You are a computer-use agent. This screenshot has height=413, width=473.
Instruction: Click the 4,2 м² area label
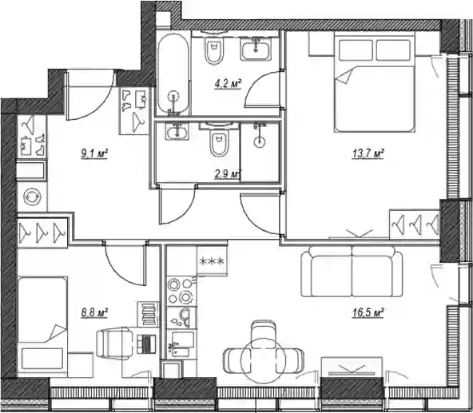[228, 84]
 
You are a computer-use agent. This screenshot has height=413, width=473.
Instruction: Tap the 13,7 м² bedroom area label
[368, 154]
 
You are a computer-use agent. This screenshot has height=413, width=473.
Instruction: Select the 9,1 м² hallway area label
[94, 154]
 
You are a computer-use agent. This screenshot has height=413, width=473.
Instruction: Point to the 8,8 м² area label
[94, 312]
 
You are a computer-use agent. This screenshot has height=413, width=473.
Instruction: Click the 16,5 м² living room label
[368, 312]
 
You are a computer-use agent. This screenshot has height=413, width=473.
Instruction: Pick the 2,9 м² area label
[228, 174]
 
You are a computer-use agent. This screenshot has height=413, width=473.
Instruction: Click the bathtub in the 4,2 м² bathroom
[173, 74]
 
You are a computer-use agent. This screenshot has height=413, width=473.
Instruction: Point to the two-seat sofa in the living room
[352, 272]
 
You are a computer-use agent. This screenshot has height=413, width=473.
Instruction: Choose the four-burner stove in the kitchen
[181, 291]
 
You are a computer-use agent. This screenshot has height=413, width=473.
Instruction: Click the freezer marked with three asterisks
[212, 260]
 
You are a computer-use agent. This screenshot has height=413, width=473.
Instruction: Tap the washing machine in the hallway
[32, 197]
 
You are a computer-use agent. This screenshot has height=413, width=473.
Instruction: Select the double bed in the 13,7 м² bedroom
[375, 81]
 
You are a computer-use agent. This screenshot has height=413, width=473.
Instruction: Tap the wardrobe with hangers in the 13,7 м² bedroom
[414, 224]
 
